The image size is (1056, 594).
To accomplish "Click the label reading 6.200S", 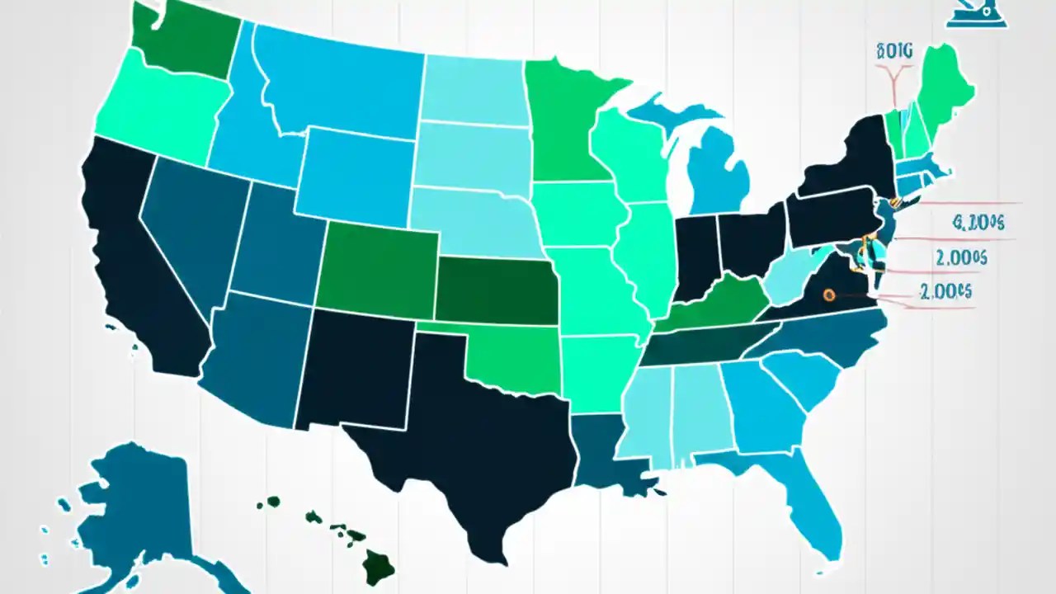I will click(x=977, y=222).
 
